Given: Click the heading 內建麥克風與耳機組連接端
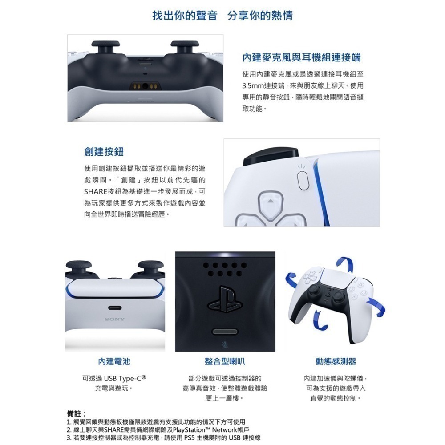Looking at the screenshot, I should click(x=301, y=57).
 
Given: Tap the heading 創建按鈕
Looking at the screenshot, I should click(x=104, y=151).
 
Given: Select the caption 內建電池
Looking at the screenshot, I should click(x=114, y=361).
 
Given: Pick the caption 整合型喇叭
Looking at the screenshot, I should click(x=225, y=361).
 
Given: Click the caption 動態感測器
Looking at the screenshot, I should click(x=336, y=361).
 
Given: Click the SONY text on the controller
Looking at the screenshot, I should click(x=114, y=319).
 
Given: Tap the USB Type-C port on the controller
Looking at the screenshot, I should click(x=114, y=307).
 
